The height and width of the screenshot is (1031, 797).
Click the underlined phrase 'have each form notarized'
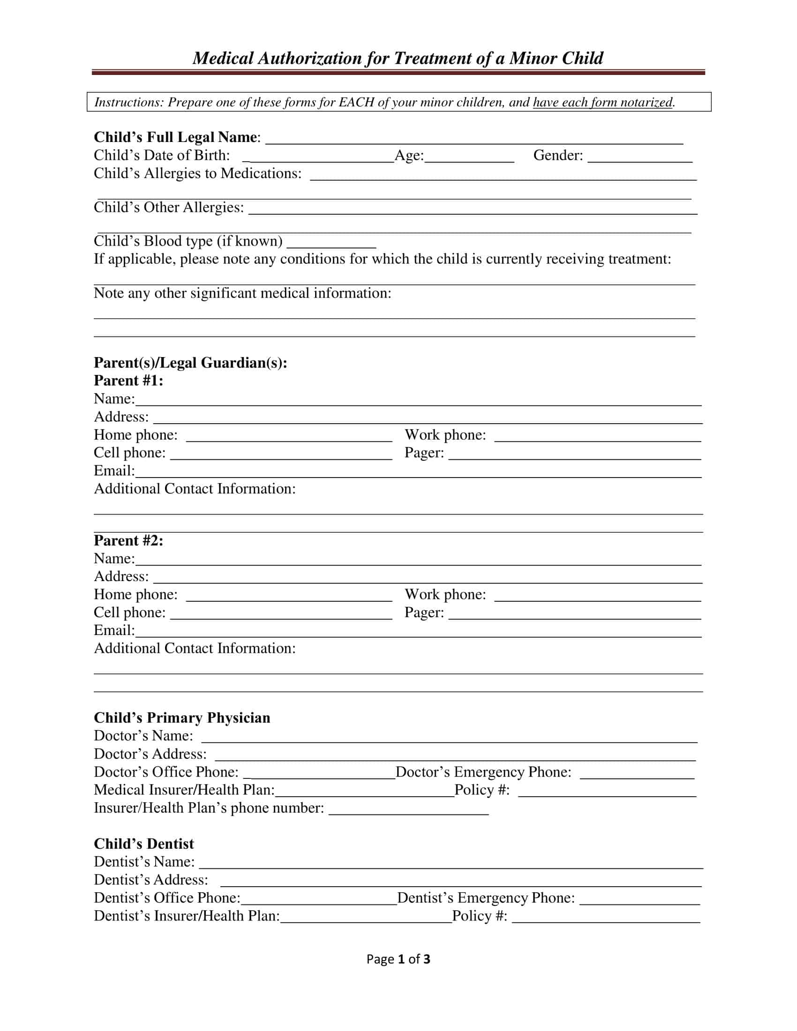tap(602, 103)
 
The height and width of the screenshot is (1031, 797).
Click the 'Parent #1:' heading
tap(128, 381)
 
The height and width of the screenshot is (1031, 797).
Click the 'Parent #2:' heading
tap(128, 540)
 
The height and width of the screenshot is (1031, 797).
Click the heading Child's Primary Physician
tap(182, 717)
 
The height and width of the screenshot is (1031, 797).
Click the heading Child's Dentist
tap(143, 844)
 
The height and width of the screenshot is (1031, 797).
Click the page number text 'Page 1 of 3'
tap(398, 959)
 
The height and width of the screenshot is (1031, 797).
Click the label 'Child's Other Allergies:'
tap(169, 208)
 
